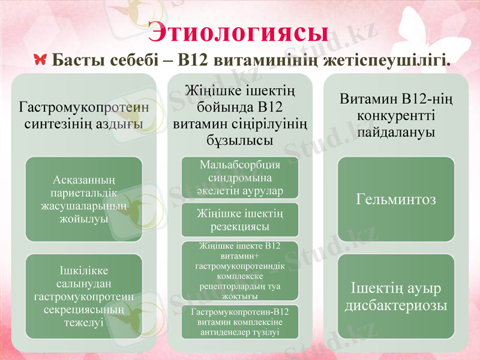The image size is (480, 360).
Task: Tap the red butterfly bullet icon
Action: click(41, 60)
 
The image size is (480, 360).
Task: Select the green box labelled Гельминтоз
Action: click(395, 199)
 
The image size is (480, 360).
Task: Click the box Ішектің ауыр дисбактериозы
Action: click(395, 296)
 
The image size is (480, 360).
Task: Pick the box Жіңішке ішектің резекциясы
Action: click(240, 220)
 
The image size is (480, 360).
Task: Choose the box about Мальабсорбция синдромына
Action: click(240, 178)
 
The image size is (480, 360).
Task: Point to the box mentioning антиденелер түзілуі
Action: click(240, 322)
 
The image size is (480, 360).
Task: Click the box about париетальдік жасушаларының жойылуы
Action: click(84, 199)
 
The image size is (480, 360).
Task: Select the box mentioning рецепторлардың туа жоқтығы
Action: click(240, 271)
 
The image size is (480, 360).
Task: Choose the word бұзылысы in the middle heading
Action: click(240, 140)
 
